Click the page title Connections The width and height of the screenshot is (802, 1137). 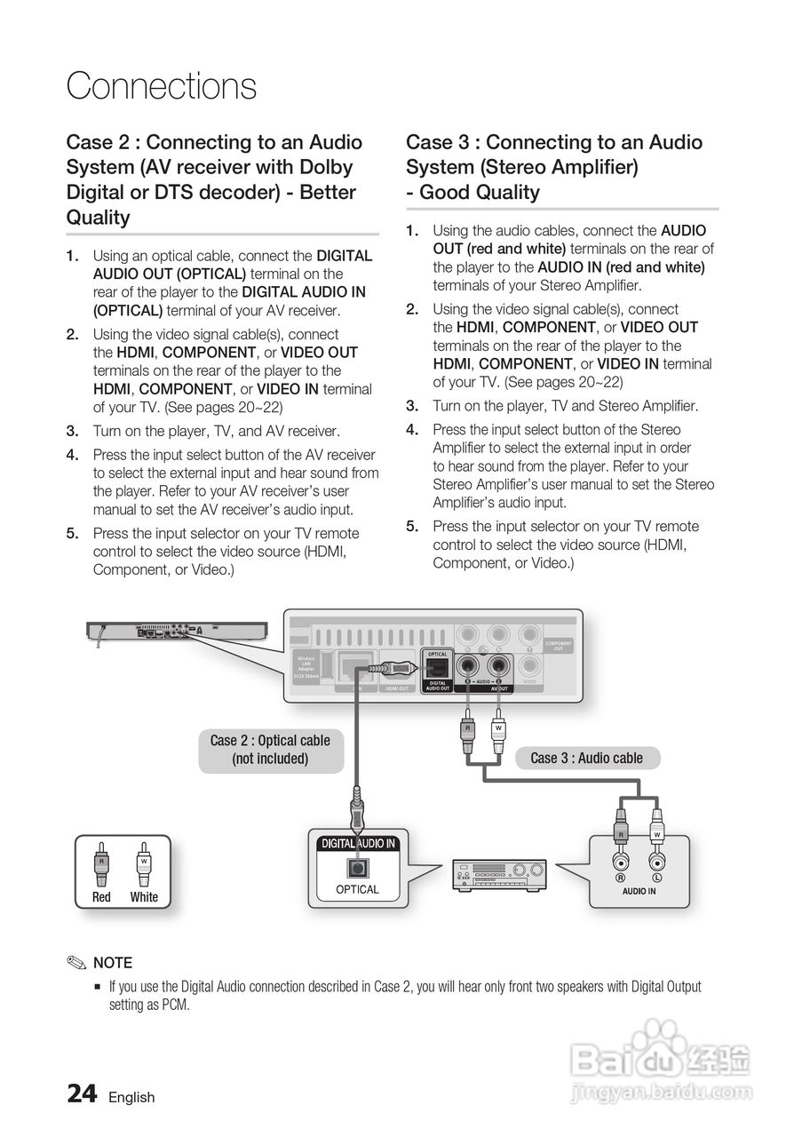click(x=161, y=86)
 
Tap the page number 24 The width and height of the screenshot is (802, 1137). click(x=82, y=1094)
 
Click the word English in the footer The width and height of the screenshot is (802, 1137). click(x=131, y=1097)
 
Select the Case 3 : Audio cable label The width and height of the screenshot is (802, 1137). click(x=586, y=758)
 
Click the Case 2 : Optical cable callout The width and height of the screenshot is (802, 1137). click(x=270, y=750)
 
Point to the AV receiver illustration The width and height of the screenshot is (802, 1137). click(x=499, y=875)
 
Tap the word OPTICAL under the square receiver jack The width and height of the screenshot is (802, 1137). click(x=357, y=889)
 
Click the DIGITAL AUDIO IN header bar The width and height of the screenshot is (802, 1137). click(x=358, y=843)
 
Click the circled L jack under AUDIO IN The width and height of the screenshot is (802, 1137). click(x=657, y=862)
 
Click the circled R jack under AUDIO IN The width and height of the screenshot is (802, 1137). click(x=621, y=862)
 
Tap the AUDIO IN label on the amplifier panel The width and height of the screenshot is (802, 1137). click(x=639, y=891)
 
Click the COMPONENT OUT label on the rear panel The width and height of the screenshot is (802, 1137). click(x=559, y=646)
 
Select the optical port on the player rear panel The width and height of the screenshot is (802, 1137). click(x=438, y=667)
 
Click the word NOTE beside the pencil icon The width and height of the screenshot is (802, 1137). click(x=113, y=963)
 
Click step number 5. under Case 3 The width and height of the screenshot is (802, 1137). click(x=412, y=526)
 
